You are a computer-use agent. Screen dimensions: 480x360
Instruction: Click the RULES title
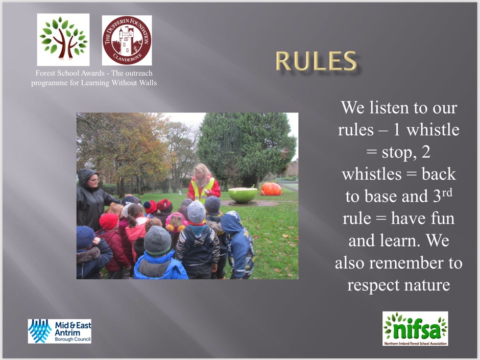pos(316,61)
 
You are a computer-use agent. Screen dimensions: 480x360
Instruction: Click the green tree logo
pos(63,39)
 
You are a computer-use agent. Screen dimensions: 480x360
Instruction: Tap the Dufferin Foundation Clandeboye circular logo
pos(127,40)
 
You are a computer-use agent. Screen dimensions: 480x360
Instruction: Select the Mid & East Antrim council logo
pos(60,331)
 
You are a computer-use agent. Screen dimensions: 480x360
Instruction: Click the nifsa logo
pos(415,328)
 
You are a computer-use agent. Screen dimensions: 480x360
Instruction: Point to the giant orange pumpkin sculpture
pos(271,188)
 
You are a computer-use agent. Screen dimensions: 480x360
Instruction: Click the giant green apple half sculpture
pos(243,195)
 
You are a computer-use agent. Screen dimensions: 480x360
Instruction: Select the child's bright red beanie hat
pos(109,221)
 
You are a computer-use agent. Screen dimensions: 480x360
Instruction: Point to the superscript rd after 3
pos(447,193)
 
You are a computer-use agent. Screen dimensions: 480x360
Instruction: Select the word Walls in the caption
pos(148,83)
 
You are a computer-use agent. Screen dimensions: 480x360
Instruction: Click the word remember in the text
pos(406,263)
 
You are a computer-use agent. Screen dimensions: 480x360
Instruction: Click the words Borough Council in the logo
pos(73,339)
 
